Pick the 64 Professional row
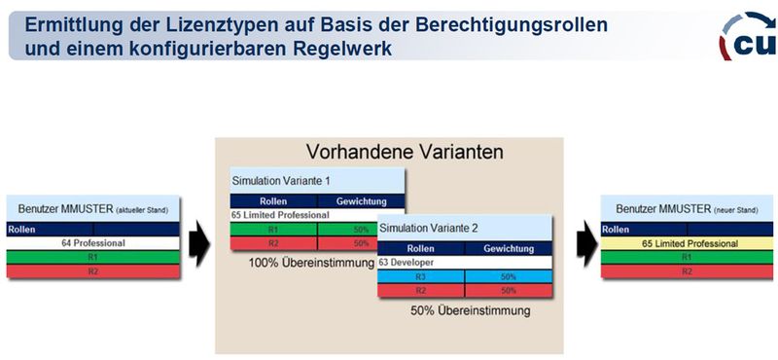(93, 242)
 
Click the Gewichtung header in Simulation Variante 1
(361, 200)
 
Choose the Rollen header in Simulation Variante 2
(421, 248)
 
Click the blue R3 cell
(421, 276)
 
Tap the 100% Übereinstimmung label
(311, 263)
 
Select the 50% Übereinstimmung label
(470, 311)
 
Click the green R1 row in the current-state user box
(93, 257)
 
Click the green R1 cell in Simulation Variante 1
(273, 230)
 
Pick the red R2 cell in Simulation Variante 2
(421, 290)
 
